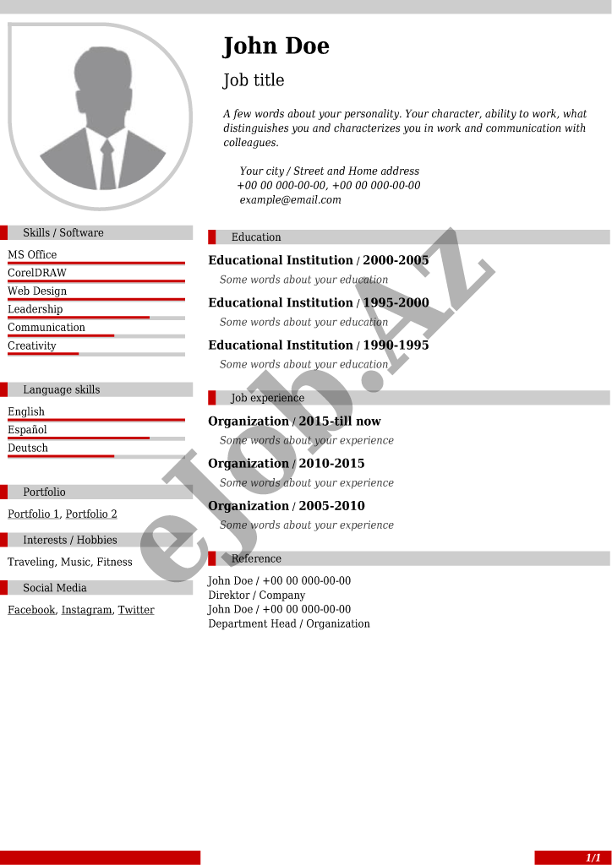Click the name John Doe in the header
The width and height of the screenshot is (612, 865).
click(276, 46)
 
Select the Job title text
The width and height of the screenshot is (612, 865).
click(254, 80)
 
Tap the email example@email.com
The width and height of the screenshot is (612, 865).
click(290, 200)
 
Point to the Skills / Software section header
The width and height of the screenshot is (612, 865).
click(63, 233)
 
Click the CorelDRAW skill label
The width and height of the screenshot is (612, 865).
click(37, 273)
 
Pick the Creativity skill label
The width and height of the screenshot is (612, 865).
click(32, 345)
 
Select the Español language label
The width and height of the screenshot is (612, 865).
click(27, 430)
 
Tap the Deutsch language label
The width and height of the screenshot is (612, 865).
click(28, 448)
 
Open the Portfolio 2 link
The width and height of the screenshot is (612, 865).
click(91, 514)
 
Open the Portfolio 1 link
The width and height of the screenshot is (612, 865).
click(34, 514)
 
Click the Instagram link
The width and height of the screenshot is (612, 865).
click(86, 610)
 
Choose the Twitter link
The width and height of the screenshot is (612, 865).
click(136, 610)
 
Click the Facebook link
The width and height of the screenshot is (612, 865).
click(31, 610)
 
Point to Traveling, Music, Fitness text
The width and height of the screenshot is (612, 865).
click(70, 562)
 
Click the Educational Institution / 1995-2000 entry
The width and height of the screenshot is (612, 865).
click(319, 302)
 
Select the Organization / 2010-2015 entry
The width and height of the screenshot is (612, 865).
click(287, 463)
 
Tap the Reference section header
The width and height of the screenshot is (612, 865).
click(256, 559)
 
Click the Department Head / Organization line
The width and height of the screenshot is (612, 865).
click(289, 623)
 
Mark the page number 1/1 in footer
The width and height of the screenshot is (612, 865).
click(593, 857)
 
